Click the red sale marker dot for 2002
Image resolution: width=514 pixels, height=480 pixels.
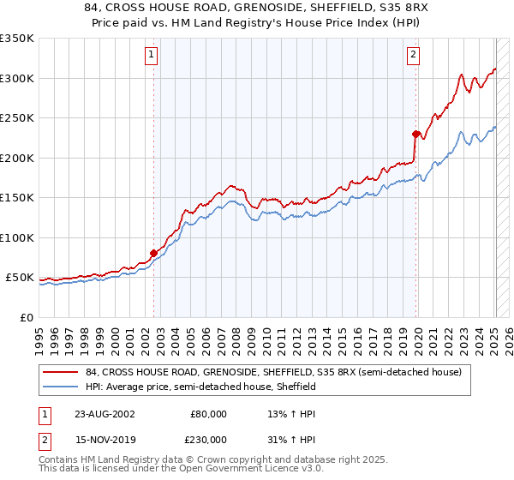154,253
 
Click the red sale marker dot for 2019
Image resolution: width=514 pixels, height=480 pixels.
415,134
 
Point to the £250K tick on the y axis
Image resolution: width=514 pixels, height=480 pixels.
17,118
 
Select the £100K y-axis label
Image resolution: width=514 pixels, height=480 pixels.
17,237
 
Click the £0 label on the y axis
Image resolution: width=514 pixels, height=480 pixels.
27,317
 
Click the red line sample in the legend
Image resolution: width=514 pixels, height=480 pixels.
61,372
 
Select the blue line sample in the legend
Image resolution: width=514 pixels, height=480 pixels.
61,387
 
